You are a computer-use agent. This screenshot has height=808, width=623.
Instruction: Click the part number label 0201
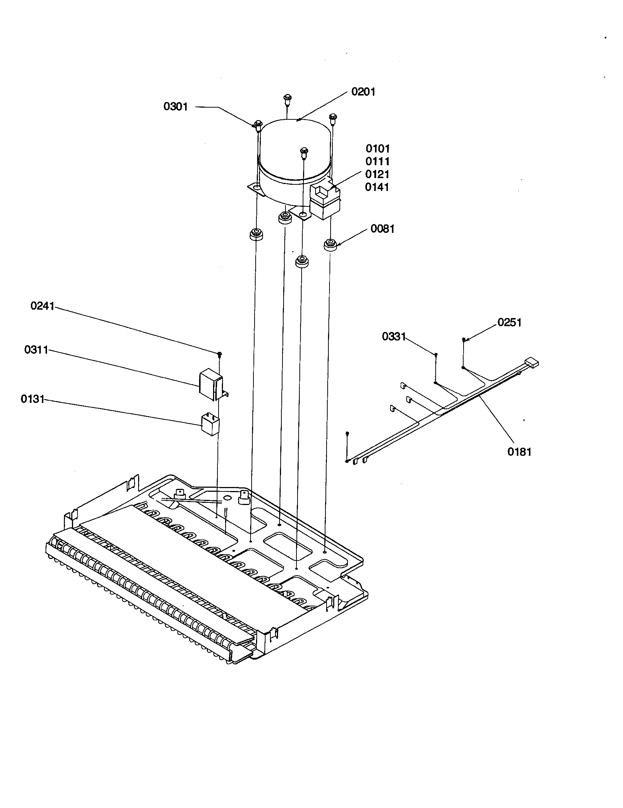tap(363, 92)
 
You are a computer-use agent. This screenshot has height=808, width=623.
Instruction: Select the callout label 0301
tap(175, 107)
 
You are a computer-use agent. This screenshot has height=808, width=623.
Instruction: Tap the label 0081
tap(382, 229)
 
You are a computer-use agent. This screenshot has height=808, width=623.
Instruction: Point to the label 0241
tap(42, 306)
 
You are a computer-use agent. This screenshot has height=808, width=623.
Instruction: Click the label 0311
tap(36, 350)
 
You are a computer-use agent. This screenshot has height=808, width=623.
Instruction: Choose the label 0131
tap(33, 399)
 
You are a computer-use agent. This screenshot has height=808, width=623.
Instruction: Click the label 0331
tap(394, 336)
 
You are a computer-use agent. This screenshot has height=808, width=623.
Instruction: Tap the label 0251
tap(509, 322)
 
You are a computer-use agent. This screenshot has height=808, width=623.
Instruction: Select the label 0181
tap(519, 452)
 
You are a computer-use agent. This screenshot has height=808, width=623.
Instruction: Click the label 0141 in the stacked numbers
tap(377, 187)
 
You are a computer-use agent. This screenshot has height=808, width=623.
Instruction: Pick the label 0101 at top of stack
tap(378, 149)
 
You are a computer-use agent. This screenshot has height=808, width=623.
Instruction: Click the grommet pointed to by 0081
tap(330, 245)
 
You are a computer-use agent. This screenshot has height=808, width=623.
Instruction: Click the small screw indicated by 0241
tap(220, 354)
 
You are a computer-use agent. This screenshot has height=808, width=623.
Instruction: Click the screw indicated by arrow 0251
tap(463, 339)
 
